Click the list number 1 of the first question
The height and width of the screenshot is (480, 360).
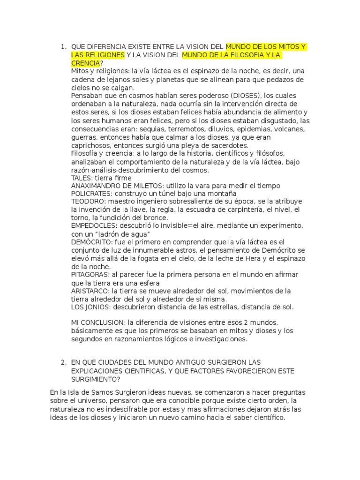coord(63,47)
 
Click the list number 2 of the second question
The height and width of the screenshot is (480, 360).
coord(63,363)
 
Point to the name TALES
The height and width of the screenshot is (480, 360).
coord(82,178)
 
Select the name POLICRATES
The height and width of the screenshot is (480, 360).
coord(91,194)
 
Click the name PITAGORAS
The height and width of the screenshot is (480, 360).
coord(89,275)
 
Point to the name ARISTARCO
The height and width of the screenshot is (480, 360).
coord(90,291)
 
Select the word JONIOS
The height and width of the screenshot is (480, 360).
coord(97,307)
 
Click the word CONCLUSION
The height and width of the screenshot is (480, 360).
coord(104,323)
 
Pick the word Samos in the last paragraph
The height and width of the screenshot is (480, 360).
coord(102,392)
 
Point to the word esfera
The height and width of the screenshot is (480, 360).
coord(148,283)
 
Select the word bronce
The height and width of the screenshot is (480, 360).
coord(156,218)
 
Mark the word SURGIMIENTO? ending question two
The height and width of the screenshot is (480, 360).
coord(96,379)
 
